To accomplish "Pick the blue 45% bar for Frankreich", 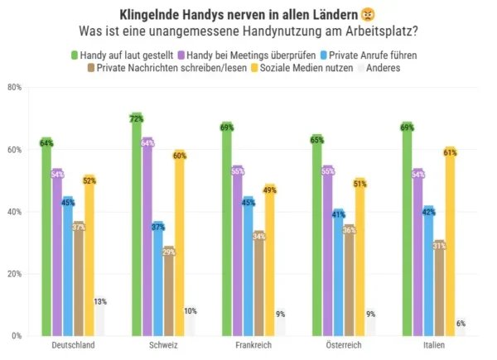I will click(248, 269).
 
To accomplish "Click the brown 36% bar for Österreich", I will click(350, 281).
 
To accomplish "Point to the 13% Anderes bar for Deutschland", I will click(100, 319).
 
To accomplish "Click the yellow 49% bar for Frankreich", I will click(270, 265).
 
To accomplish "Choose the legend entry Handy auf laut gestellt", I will click(116, 54).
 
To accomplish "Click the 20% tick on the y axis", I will click(14, 274).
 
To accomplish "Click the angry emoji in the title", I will click(367, 15).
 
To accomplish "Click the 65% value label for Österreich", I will click(316, 140).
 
